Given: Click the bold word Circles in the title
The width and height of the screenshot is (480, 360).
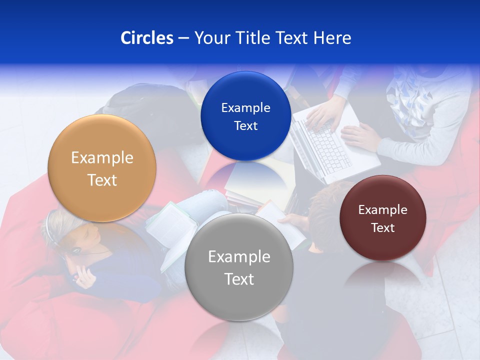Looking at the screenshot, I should [146, 38].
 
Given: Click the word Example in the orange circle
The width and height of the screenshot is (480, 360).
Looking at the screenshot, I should [102, 158].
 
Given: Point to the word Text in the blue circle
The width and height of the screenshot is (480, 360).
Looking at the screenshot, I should [245, 126].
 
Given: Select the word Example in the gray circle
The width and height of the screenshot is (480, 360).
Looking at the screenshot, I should [239, 257].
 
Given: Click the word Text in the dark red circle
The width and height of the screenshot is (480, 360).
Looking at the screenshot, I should [383, 228].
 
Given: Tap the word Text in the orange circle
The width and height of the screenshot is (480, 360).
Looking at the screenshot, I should [102, 180].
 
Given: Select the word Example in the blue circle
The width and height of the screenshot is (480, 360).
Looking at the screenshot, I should [245, 108].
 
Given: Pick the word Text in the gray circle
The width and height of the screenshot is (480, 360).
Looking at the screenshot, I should [239, 279].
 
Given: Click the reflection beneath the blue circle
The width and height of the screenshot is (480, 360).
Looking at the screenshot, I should [245, 175].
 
